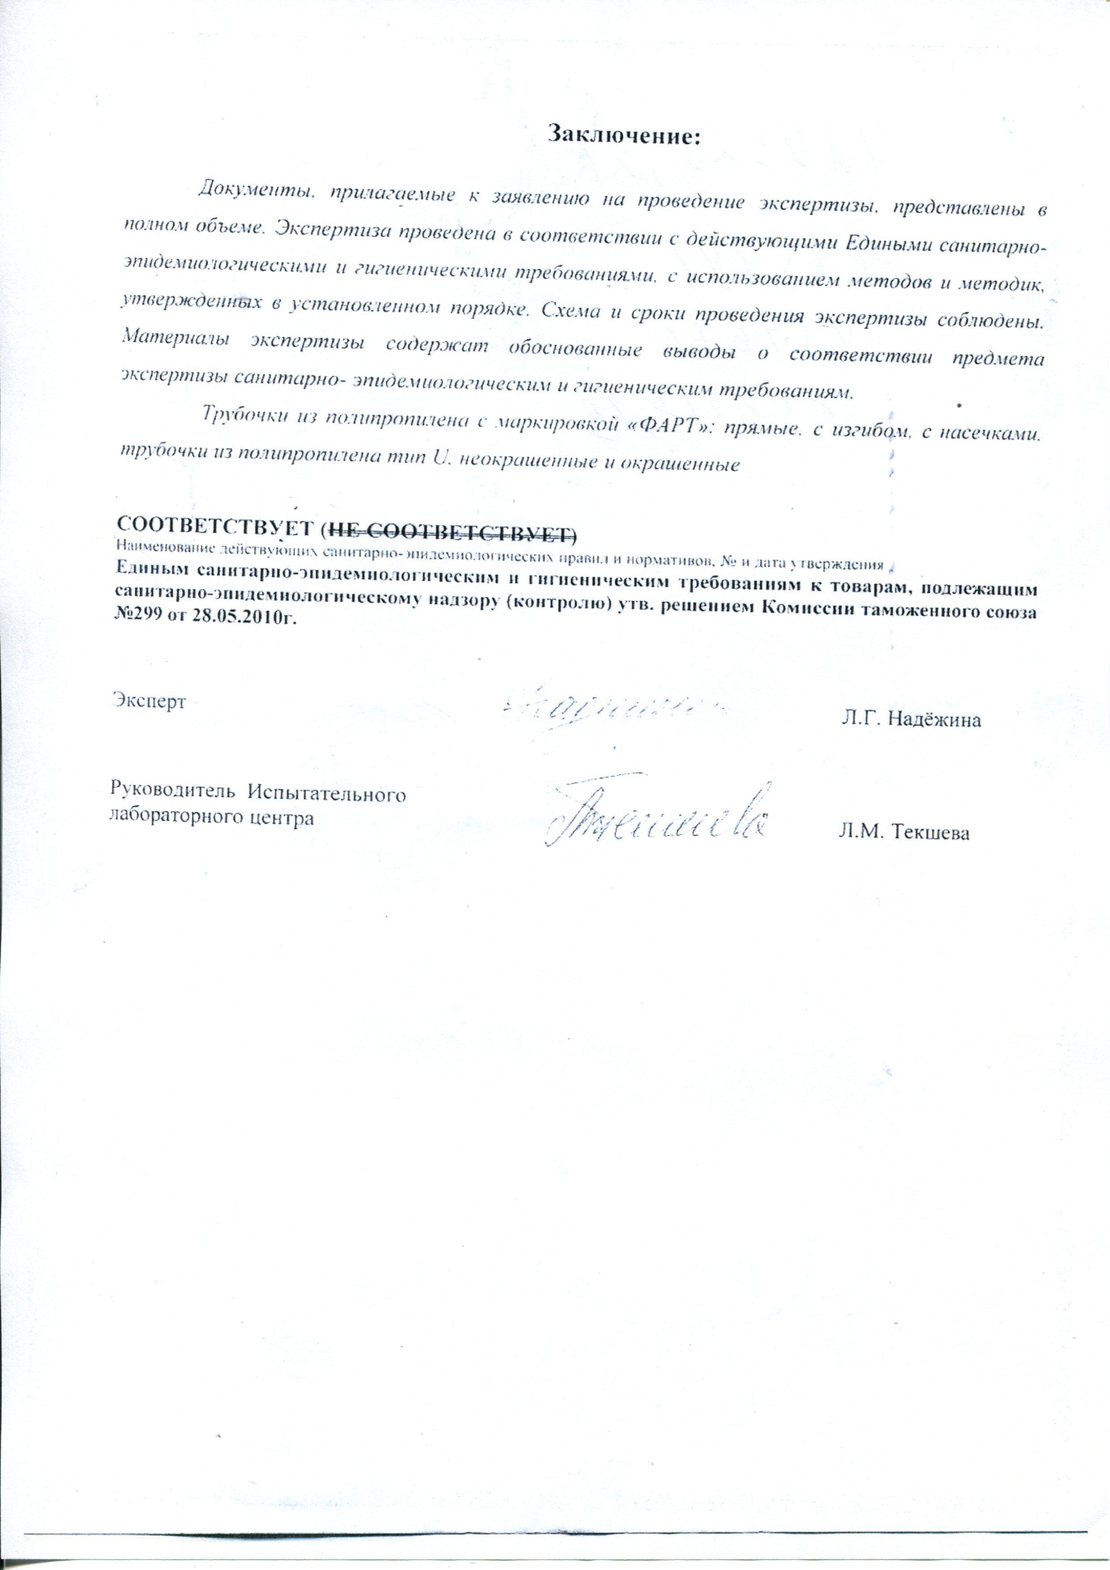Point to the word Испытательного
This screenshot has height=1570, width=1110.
tap(327, 795)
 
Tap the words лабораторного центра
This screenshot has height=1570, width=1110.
tap(212, 818)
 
